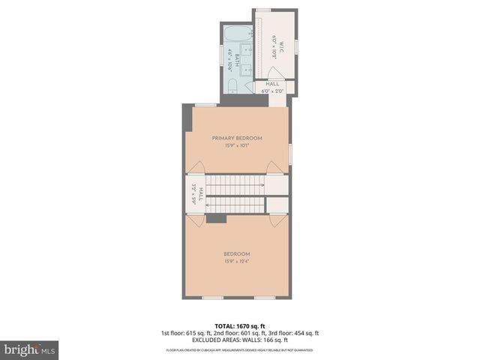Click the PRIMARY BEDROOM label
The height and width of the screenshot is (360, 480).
(x=237, y=138)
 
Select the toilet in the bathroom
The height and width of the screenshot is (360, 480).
(x=232, y=84)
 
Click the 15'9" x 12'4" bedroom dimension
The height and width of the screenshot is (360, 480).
(x=237, y=261)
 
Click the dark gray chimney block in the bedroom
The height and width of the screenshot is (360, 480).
(x=217, y=217)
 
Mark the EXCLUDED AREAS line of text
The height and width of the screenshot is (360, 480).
(x=239, y=340)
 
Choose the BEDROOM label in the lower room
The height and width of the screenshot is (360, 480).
(x=237, y=253)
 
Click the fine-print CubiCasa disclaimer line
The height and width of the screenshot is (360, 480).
(x=239, y=349)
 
